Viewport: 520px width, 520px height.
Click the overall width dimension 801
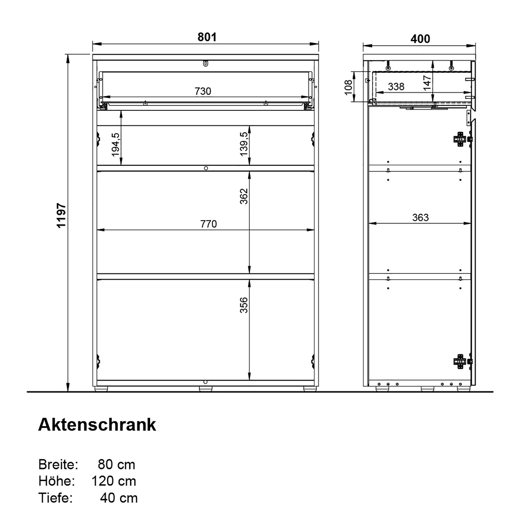207,37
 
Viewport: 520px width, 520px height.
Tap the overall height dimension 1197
61,216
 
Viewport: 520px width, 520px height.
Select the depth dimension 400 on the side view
420,39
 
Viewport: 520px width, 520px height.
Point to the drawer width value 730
203,91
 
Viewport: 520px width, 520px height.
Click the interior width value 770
208,224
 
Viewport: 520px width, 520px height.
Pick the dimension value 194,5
115,145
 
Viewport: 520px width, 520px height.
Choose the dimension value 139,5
244,144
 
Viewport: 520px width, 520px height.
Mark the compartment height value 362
244,196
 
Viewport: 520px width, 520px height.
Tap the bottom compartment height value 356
244,305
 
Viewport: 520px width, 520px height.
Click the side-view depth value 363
420,217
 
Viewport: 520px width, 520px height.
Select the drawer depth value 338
396,86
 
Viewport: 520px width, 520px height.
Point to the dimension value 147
427,83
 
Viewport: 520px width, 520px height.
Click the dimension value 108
348,87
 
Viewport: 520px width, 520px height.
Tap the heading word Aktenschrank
97,424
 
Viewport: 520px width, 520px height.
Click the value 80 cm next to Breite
116,465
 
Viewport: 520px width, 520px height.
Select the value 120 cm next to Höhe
114,481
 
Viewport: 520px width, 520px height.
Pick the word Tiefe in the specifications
55,498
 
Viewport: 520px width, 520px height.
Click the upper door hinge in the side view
460,139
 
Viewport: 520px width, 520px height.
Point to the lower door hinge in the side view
460,361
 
